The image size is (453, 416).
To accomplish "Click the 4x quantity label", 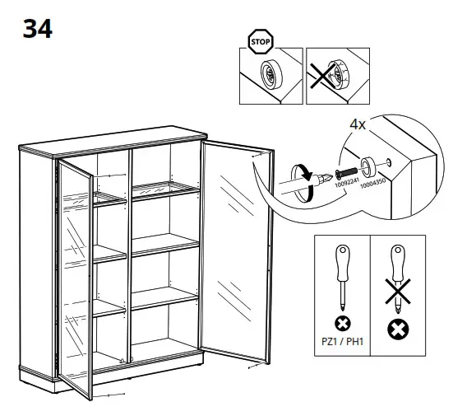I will click(x=358, y=126).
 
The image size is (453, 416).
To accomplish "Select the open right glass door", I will click(x=237, y=251).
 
